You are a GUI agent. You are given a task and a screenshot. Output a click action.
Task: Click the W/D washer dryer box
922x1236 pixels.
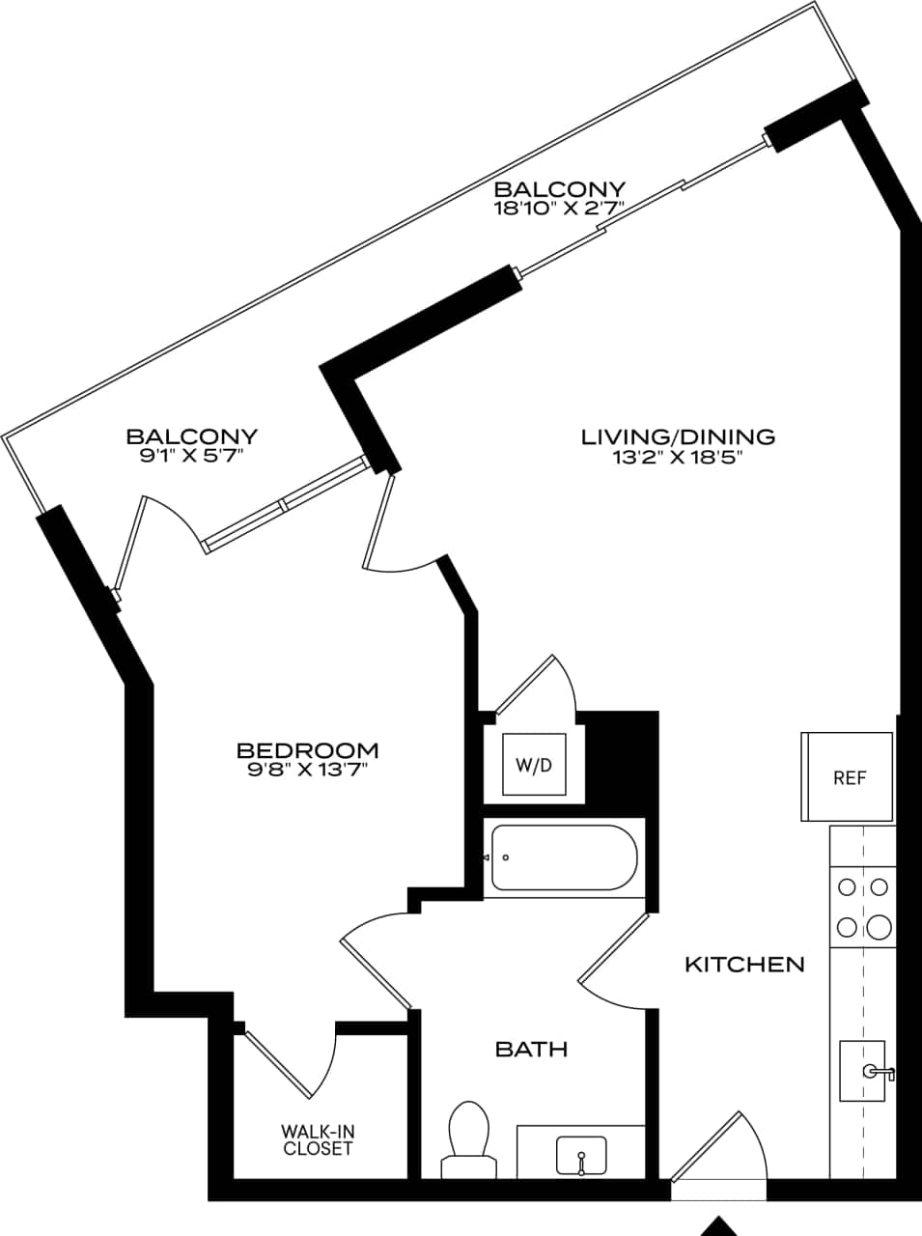534,765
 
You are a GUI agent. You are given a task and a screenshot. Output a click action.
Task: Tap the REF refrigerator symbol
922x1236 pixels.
849,777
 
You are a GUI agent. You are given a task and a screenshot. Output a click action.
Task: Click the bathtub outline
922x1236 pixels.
563,857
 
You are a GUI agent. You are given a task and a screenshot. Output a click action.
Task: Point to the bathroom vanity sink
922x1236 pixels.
581,1155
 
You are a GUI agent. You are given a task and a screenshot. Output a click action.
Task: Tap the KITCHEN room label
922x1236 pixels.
743,964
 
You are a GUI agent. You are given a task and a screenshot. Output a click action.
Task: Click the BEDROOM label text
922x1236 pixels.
308,749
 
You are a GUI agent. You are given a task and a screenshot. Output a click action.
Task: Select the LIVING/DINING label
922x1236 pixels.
678,436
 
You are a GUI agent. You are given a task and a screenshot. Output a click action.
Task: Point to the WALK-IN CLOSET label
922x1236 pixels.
318,1140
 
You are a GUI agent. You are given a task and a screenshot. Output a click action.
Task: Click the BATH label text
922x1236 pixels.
531,1049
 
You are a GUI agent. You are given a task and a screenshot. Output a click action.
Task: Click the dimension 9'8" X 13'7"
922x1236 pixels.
308,771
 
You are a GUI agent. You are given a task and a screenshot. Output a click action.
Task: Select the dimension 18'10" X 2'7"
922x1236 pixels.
560,208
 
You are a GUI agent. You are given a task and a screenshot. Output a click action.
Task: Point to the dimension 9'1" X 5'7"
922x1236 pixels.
192,456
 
